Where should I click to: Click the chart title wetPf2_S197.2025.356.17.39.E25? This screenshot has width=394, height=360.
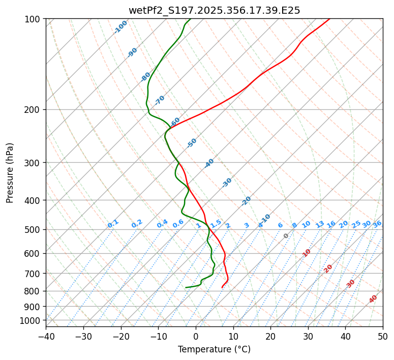point(214,10)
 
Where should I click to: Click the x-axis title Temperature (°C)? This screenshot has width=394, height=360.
point(214,349)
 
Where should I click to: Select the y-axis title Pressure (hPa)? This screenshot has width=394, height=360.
point(10,172)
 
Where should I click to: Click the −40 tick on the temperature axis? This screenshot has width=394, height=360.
point(46,336)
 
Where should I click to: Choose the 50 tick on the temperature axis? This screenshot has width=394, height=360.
point(383,336)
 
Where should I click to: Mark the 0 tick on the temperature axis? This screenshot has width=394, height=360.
point(196,336)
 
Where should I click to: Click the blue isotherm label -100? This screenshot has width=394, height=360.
point(120,27)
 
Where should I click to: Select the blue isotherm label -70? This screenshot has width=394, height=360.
point(160,100)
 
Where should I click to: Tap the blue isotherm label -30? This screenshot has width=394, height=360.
point(227,183)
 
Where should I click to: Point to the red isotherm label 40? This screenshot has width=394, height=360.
point(373,299)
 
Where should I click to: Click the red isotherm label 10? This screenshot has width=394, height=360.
point(307,253)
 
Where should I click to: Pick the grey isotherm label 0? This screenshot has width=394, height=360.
point(286,236)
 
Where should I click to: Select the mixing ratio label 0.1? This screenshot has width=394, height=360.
point(113,224)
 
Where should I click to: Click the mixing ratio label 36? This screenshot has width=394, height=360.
point(377,224)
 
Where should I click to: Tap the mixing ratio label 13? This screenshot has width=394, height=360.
point(320,224)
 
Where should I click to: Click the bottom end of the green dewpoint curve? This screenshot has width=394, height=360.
point(186,287)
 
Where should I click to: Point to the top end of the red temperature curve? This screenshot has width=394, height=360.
point(329,19)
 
